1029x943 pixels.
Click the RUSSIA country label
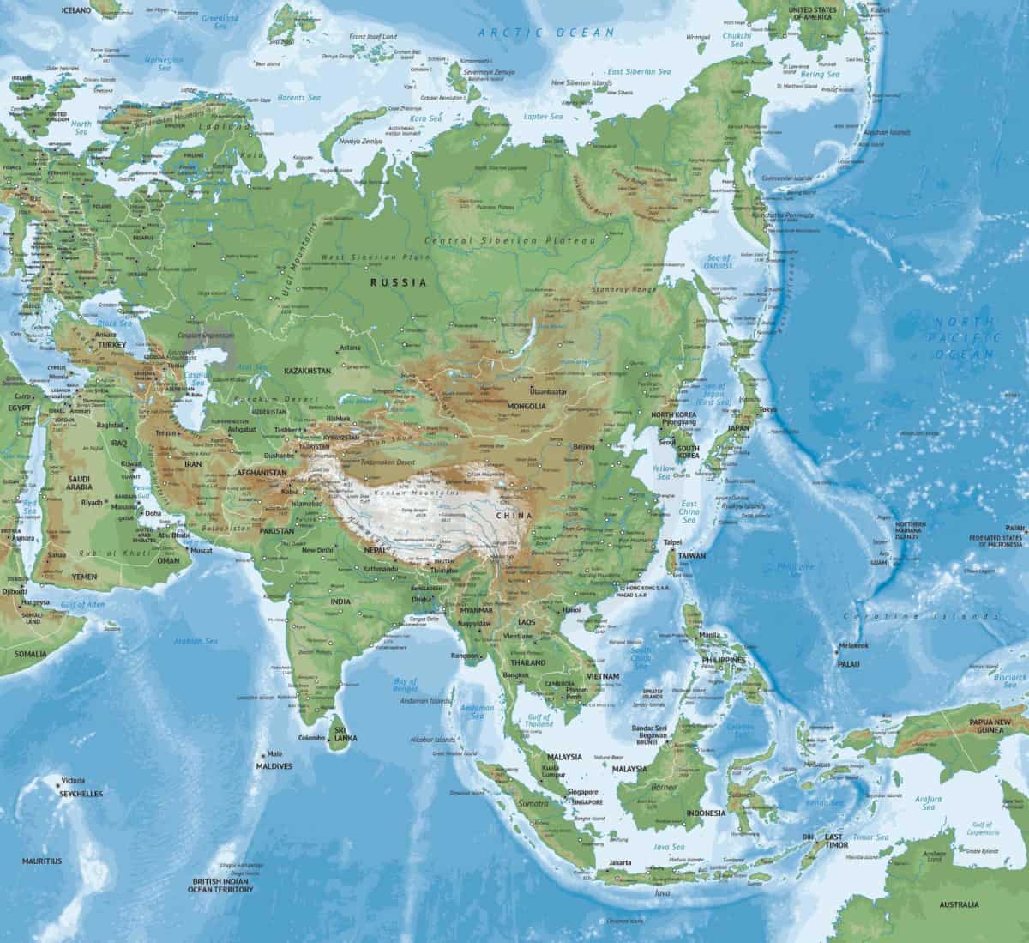pos(399,281)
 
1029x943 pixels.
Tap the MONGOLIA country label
pos(527,406)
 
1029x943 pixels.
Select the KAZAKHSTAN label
pos(306,370)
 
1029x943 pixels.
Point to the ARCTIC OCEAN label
pos(547,33)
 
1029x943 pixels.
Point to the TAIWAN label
pos(691,556)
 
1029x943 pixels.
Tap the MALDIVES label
pos(274,765)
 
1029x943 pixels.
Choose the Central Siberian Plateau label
pos(514,241)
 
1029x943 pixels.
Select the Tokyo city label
pos(767,408)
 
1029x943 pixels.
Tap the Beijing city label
pos(583,447)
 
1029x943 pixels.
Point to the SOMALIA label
pos(31,654)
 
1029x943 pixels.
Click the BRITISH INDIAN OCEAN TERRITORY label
pos(221,886)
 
